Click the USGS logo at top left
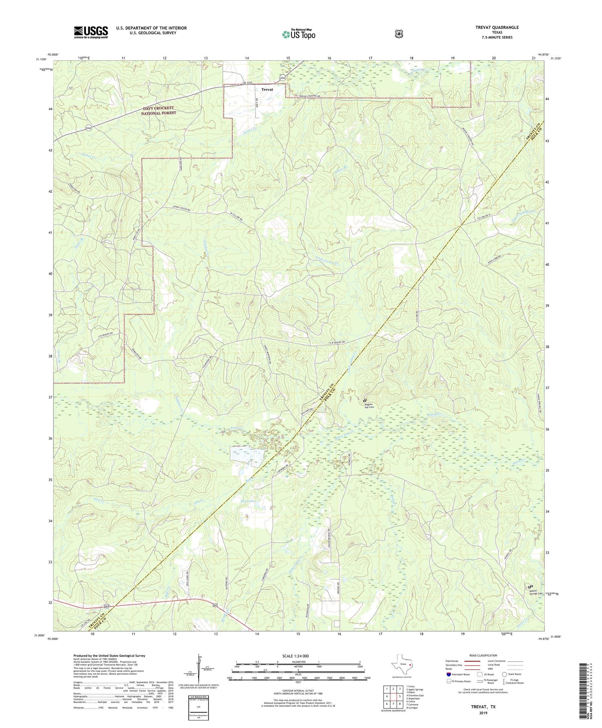(91, 32)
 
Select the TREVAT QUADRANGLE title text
(496, 27)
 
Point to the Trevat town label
(267, 90)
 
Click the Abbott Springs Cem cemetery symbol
(530, 587)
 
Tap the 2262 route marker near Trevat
(283, 78)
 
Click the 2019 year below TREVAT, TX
(483, 712)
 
